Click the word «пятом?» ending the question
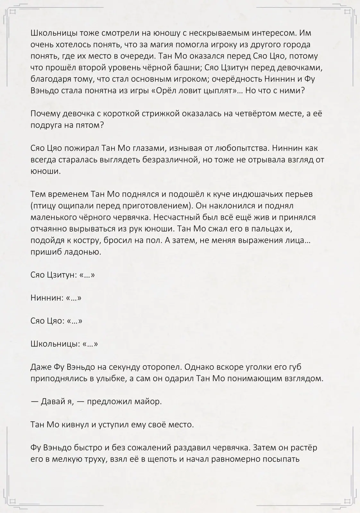pyautogui.click(x=90, y=125)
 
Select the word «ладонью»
pyautogui.click(x=83, y=252)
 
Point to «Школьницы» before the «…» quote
pyautogui.click(x=55, y=344)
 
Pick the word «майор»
pyautogui.click(x=149, y=402)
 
